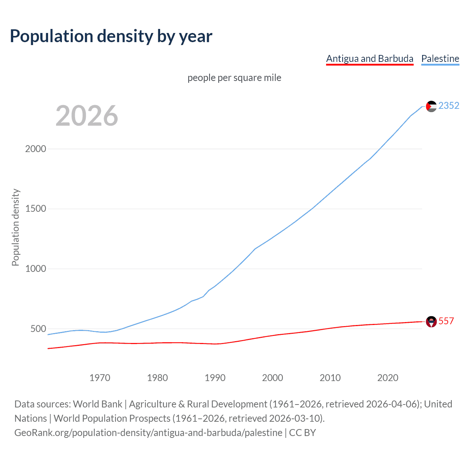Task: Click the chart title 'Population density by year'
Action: click(111, 36)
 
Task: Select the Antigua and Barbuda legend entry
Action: click(369, 59)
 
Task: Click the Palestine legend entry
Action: click(440, 59)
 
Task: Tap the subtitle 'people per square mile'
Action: click(234, 78)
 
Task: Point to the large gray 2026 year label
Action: click(87, 116)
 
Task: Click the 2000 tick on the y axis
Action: click(36, 149)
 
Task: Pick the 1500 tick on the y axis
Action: click(36, 209)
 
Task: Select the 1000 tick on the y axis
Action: click(36, 269)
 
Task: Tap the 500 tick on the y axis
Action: click(38, 329)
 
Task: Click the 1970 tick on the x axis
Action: click(100, 378)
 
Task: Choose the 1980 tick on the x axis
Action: click(157, 378)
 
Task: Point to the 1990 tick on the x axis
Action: click(215, 378)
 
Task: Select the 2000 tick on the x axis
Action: click(272, 378)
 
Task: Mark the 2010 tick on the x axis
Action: click(330, 378)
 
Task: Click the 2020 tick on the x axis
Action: click(388, 378)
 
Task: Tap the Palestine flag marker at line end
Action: click(431, 106)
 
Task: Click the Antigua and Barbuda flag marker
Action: click(431, 321)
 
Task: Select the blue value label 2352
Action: click(448, 106)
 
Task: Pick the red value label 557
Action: click(446, 321)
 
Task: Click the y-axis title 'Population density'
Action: click(15, 227)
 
